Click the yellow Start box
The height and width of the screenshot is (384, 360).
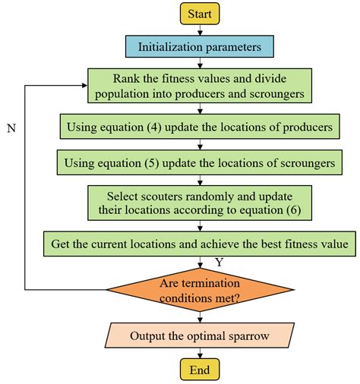point(200,13)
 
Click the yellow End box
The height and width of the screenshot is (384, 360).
point(200,369)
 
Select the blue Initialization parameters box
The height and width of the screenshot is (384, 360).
point(200,47)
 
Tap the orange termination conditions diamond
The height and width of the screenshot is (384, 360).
point(200,289)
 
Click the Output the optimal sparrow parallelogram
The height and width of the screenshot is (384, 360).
point(200,335)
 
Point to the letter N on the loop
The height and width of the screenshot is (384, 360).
point(11,129)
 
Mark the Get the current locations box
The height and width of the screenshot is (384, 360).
point(200,244)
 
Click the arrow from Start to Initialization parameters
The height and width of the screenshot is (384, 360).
point(200,30)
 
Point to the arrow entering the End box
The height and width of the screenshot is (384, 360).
point(200,353)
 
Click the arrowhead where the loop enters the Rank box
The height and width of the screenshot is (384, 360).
point(83,85)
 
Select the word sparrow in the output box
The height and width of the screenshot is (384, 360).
point(248,335)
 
